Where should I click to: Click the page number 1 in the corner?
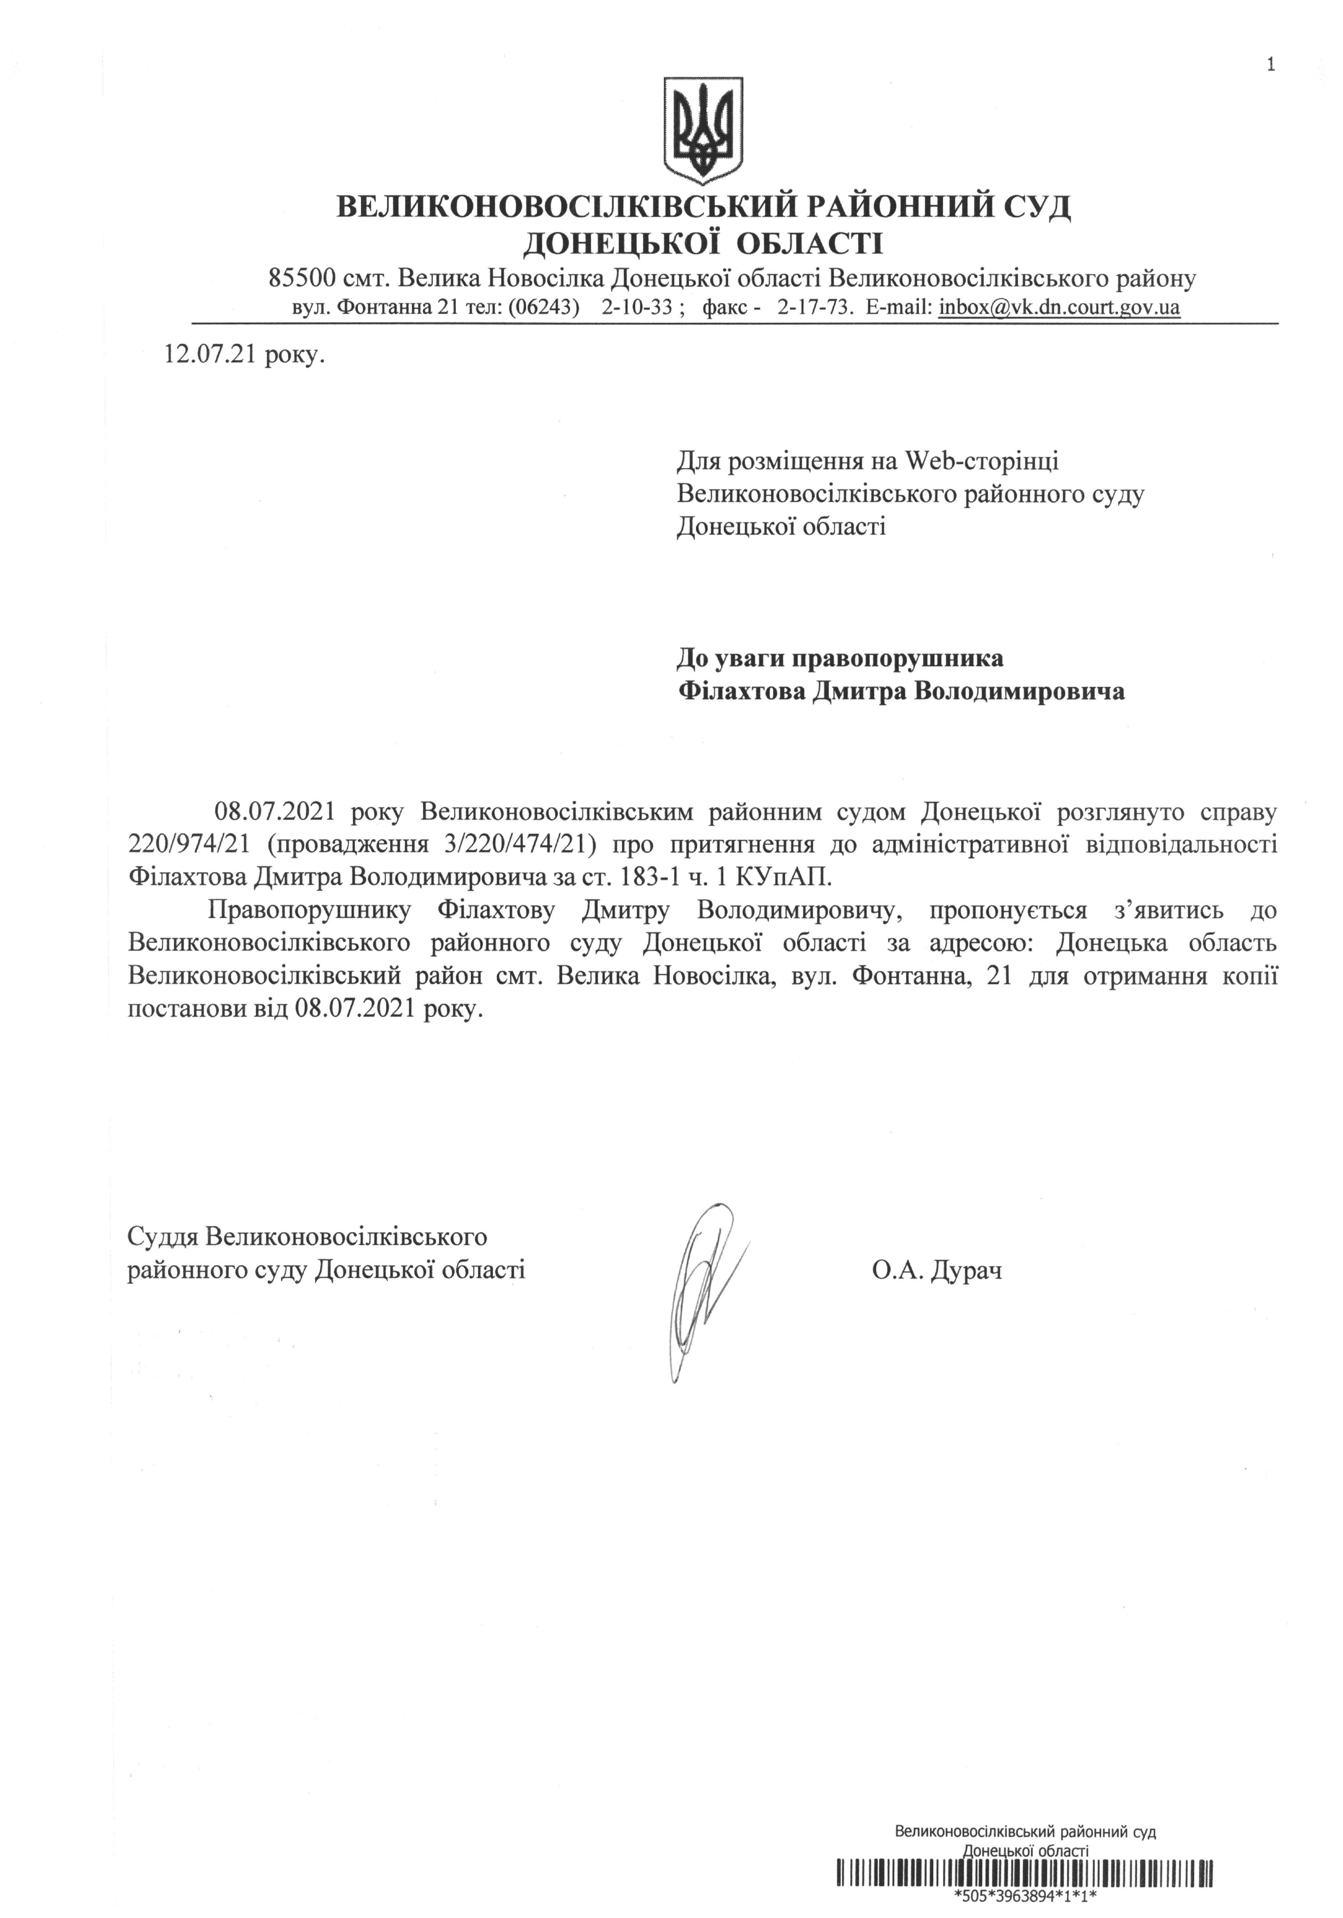[x=1270, y=64]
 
